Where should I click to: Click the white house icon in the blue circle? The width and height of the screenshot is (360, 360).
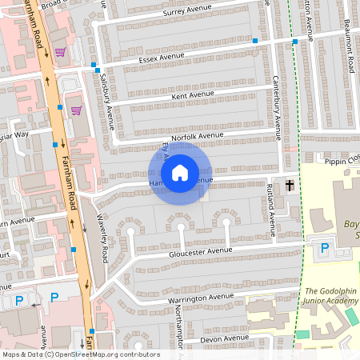pyautogui.click(x=180, y=172)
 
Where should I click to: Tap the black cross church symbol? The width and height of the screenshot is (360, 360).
pyautogui.click(x=289, y=186)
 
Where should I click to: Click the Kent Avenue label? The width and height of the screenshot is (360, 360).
pyautogui.click(x=193, y=96)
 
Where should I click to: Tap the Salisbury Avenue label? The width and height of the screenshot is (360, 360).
pyautogui.click(x=107, y=102)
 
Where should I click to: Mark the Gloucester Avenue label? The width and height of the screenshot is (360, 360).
pyautogui.click(x=200, y=251)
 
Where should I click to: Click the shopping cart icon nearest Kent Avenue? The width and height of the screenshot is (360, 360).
pyautogui.click(x=76, y=110)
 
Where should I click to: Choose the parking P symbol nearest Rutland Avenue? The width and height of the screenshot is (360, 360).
pyautogui.click(x=324, y=248)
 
